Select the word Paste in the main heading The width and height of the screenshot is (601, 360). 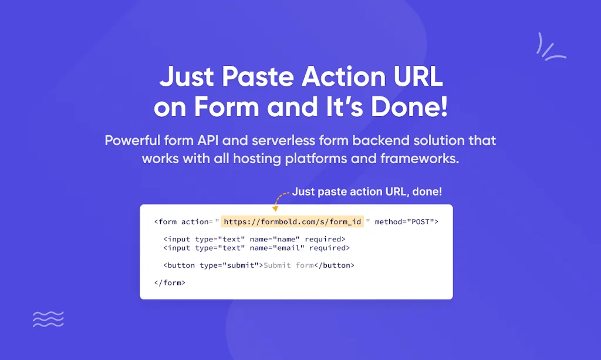(258, 76)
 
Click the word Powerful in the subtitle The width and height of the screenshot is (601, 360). (133, 140)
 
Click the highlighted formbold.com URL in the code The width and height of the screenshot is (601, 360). (292, 221)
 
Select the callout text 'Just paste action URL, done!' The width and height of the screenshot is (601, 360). (367, 191)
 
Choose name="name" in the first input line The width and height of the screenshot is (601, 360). (275, 239)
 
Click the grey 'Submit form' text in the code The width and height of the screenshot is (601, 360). (289, 265)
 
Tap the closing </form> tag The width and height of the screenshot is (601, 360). (170, 282)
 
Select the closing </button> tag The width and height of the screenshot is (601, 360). (334, 265)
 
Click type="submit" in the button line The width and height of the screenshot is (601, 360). (229, 265)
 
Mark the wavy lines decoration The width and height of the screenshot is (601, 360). (48, 319)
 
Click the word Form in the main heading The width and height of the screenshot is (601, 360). (227, 106)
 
